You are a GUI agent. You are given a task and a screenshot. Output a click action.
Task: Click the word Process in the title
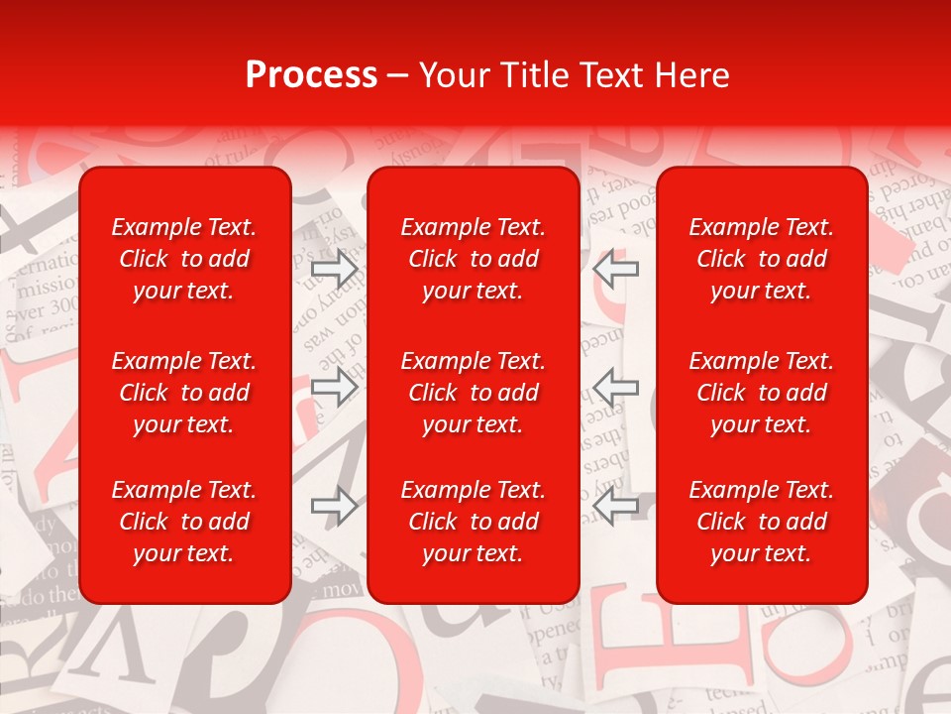pyautogui.click(x=311, y=75)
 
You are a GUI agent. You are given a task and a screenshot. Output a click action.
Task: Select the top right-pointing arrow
pyautogui.click(x=335, y=269)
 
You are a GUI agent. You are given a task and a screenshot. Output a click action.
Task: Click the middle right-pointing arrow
pyautogui.click(x=335, y=386)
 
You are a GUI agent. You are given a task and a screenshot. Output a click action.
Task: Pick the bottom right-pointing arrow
pyautogui.click(x=335, y=506)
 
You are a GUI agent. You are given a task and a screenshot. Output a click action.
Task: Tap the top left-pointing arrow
pyautogui.click(x=616, y=269)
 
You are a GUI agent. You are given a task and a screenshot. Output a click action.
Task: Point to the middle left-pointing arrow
pyautogui.click(x=616, y=386)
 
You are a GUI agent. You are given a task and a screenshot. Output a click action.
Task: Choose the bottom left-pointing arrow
pyautogui.click(x=616, y=506)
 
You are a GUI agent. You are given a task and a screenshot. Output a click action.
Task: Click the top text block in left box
pyautogui.click(x=184, y=259)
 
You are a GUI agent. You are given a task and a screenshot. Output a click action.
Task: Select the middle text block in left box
pyautogui.click(x=184, y=393)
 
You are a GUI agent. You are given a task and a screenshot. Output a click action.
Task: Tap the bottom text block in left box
pyautogui.click(x=184, y=522)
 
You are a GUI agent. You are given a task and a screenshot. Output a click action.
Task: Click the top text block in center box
pyautogui.click(x=474, y=259)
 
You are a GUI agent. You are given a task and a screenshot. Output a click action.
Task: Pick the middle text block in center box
pyautogui.click(x=474, y=393)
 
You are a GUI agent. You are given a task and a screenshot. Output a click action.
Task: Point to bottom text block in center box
pyautogui.click(x=474, y=522)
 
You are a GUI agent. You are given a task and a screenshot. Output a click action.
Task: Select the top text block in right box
pyautogui.click(x=762, y=259)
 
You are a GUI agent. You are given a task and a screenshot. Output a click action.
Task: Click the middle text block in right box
pyautogui.click(x=762, y=393)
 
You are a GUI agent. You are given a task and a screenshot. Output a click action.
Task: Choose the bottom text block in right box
pyautogui.click(x=762, y=522)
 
